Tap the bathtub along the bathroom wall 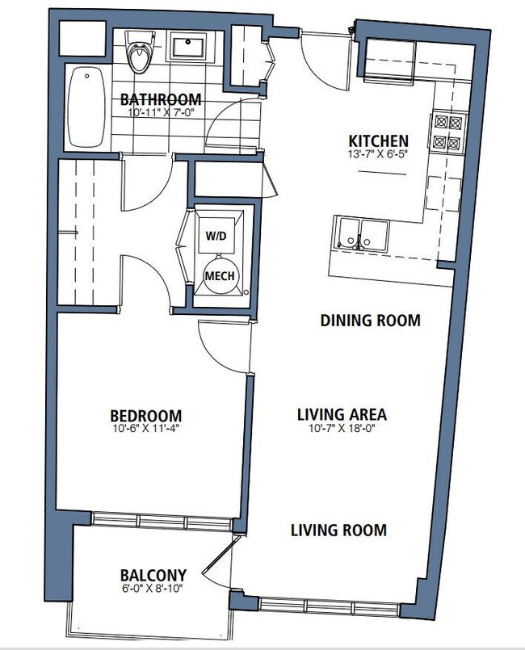[86, 107]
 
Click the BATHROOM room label [161, 99]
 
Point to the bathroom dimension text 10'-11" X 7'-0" [161, 112]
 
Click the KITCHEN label [378, 141]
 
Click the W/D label [216, 236]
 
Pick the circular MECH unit [220, 275]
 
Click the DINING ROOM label [370, 321]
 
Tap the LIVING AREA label [342, 414]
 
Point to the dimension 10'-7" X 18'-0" [342, 428]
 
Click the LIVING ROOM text [338, 530]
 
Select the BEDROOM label [146, 416]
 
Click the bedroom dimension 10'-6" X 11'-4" [146, 428]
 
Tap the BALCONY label [153, 576]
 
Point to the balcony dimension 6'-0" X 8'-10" [153, 588]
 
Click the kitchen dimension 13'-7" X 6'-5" [378, 153]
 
